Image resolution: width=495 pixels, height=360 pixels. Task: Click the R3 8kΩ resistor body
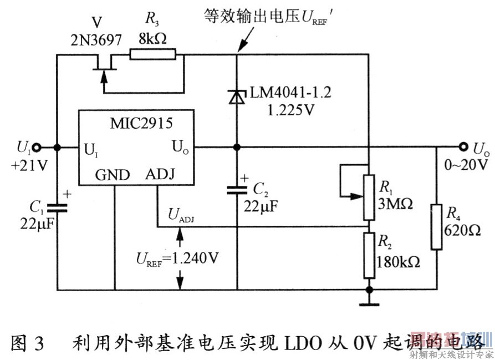pos(152,54)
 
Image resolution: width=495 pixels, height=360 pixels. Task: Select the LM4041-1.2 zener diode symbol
pos(237,97)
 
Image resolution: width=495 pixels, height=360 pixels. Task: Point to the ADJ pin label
pos(160,175)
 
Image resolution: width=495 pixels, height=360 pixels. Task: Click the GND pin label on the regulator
pos(113,175)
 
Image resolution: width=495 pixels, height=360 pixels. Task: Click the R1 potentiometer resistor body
pos(368,196)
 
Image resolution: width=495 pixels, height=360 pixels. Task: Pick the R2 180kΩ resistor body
pos(368,255)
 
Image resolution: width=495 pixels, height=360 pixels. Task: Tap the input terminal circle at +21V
pos(37,148)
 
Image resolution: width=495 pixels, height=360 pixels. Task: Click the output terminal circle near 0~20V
pos(463,148)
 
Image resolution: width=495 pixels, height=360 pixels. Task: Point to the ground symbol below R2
pos(368,303)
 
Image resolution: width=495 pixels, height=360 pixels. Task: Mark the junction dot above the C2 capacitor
pos(237,148)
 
